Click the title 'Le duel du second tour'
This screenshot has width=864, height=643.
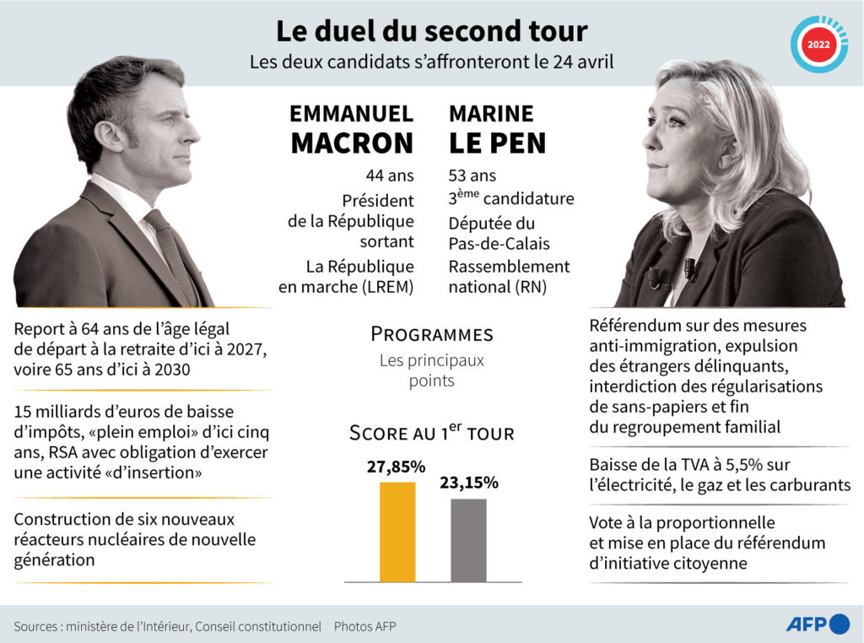click(431, 31)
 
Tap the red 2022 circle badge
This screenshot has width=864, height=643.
click(818, 44)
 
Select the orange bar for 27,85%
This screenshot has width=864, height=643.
click(397, 531)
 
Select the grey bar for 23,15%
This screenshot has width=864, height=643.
click(468, 539)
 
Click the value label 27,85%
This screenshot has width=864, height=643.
click(396, 467)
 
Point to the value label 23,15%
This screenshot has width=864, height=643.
click(468, 484)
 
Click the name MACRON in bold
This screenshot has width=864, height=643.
click(352, 143)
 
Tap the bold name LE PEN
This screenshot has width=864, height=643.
click(498, 143)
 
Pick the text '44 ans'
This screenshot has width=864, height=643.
click(389, 176)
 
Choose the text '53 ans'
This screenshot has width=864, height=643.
click(472, 176)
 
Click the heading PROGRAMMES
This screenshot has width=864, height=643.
click(431, 334)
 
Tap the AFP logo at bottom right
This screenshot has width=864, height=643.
click(817, 624)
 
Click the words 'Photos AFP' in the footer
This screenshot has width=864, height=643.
click(364, 627)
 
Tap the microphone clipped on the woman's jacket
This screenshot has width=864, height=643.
click(690, 268)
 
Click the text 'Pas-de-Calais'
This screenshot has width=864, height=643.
click(499, 244)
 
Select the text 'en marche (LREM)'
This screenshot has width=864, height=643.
click(346, 287)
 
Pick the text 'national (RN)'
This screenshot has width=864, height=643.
click(497, 287)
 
